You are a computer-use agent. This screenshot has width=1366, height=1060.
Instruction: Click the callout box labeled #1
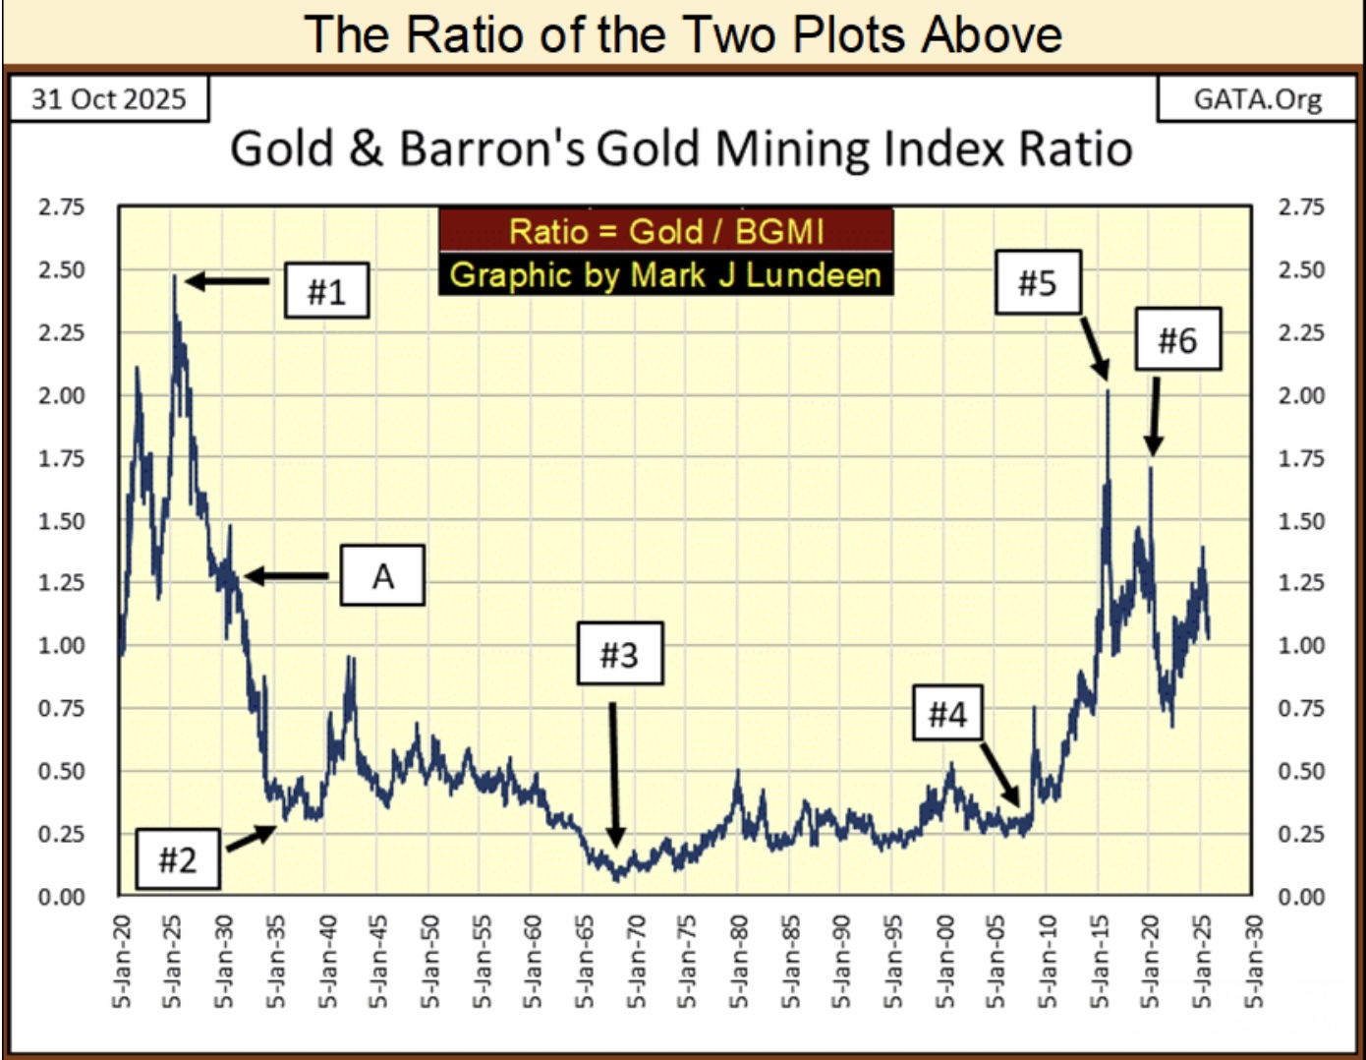click(x=326, y=290)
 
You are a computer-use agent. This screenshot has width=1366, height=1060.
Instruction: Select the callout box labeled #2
click(x=177, y=859)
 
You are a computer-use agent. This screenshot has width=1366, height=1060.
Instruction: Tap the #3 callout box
click(x=618, y=654)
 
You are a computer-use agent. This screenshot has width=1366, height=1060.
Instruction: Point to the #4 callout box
click(x=947, y=713)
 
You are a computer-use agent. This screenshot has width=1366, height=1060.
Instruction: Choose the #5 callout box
click(x=1037, y=282)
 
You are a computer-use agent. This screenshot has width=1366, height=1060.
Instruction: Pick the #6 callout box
click(x=1177, y=339)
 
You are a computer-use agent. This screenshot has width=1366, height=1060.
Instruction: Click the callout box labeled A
click(x=382, y=575)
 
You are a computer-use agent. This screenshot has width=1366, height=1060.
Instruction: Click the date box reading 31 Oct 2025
click(x=109, y=99)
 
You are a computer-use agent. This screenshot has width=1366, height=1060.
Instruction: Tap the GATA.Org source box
click(x=1257, y=99)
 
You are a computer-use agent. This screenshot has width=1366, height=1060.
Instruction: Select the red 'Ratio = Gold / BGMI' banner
click(x=665, y=231)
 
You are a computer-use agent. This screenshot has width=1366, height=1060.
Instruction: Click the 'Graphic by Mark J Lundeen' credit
click(x=665, y=274)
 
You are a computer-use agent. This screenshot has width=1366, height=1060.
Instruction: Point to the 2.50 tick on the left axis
click(x=61, y=269)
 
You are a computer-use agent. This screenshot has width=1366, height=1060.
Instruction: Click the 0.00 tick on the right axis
click(x=1301, y=897)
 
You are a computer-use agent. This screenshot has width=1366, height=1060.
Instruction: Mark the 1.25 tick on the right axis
click(x=1301, y=583)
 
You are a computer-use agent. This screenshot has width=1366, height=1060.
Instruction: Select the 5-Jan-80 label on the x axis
click(x=739, y=963)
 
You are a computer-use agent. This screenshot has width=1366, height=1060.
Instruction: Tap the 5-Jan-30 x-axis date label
click(x=224, y=963)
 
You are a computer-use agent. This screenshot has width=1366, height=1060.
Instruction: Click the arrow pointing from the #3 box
click(x=614, y=773)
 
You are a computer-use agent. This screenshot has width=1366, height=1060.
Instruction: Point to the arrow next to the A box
click(x=286, y=576)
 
